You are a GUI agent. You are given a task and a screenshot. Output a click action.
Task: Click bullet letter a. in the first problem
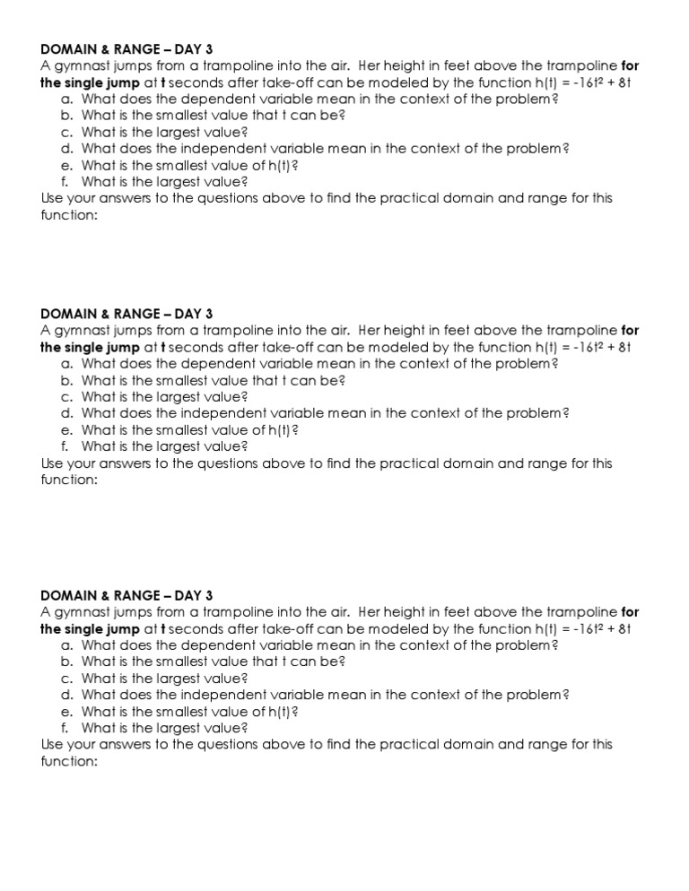[67, 99]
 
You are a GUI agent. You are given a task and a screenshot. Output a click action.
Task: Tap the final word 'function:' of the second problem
[68, 480]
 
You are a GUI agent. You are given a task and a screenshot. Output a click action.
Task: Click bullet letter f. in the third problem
[65, 728]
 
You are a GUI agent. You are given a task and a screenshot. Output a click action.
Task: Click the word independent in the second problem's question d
[210, 413]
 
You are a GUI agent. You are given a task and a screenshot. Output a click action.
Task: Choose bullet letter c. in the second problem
[67, 397]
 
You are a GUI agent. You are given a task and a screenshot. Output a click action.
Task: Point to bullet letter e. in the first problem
[67, 165]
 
